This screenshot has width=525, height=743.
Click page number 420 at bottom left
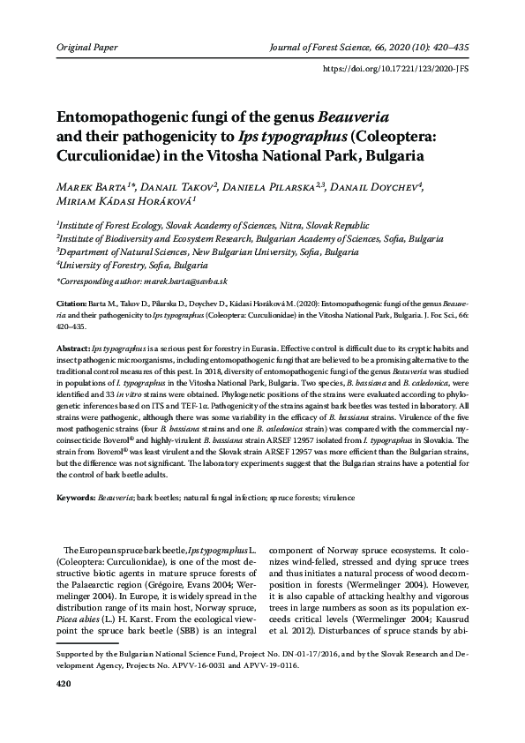coord(64,709)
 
